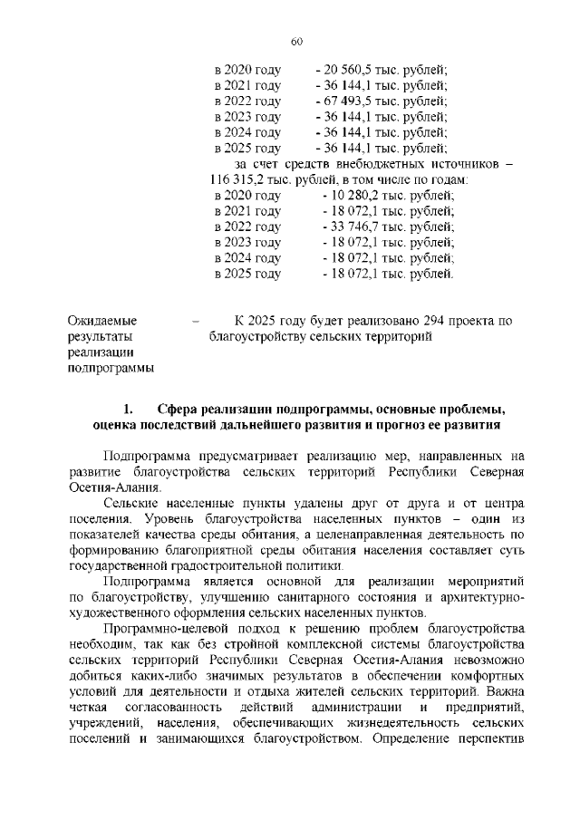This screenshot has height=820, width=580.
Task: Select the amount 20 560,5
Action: (x=347, y=70)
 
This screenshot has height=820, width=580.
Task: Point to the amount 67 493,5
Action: (x=347, y=101)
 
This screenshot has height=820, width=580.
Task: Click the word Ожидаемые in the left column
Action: (x=103, y=321)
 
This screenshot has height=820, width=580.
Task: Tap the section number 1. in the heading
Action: (x=129, y=408)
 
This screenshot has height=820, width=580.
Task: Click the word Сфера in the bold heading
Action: (x=176, y=408)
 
